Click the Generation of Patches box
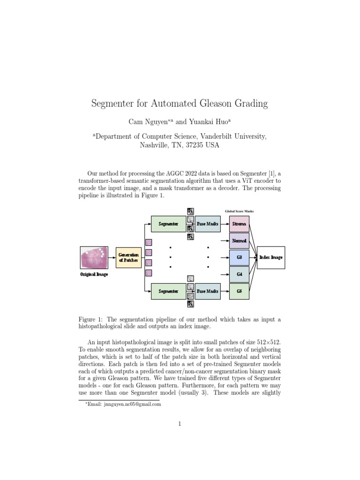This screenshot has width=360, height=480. [x=128, y=257]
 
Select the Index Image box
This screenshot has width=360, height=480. [x=271, y=257]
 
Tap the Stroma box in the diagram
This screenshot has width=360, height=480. [x=239, y=224]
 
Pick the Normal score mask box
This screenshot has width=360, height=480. [x=239, y=240]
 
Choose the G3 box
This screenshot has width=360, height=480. [x=239, y=257]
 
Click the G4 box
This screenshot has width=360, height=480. [x=239, y=274]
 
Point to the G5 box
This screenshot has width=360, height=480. [x=239, y=291]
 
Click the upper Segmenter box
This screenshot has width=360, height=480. [x=168, y=224]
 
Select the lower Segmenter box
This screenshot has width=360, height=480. [x=168, y=291]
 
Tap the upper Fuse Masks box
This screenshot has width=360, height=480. [x=208, y=224]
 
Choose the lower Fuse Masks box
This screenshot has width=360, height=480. [x=208, y=291]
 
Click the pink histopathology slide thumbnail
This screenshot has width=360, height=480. [x=94, y=258]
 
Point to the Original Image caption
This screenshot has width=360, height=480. [x=94, y=274]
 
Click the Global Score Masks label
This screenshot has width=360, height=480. [x=239, y=211]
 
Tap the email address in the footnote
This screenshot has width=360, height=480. [x=126, y=404]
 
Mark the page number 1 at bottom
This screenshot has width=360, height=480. [x=180, y=424]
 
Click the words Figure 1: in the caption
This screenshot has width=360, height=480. [x=91, y=319]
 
